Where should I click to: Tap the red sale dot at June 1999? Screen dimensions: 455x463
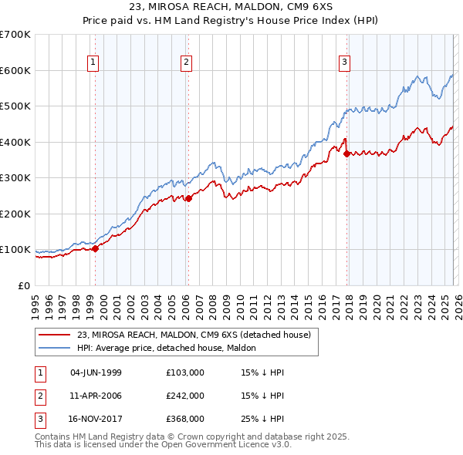coord(96,248)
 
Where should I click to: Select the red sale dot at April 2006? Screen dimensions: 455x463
coord(188,198)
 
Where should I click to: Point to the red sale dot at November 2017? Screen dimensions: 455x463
coord(346,153)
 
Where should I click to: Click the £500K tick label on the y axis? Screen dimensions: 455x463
coord(15,106)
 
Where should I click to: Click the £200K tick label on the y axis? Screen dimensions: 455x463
coord(15,214)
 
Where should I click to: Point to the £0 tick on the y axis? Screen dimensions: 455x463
coord(25,285)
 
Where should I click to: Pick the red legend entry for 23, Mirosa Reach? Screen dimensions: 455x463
coord(193,335)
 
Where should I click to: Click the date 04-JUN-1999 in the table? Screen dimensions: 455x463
coord(96,372)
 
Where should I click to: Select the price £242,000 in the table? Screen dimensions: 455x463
coord(185,396)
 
